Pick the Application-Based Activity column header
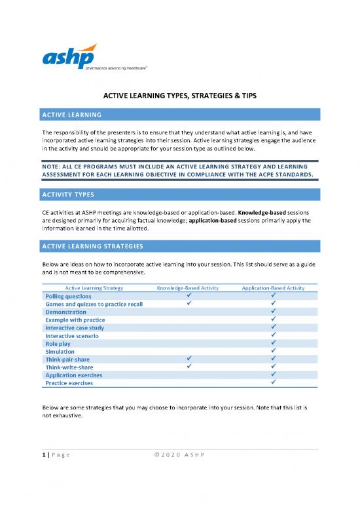pos(272,288)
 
